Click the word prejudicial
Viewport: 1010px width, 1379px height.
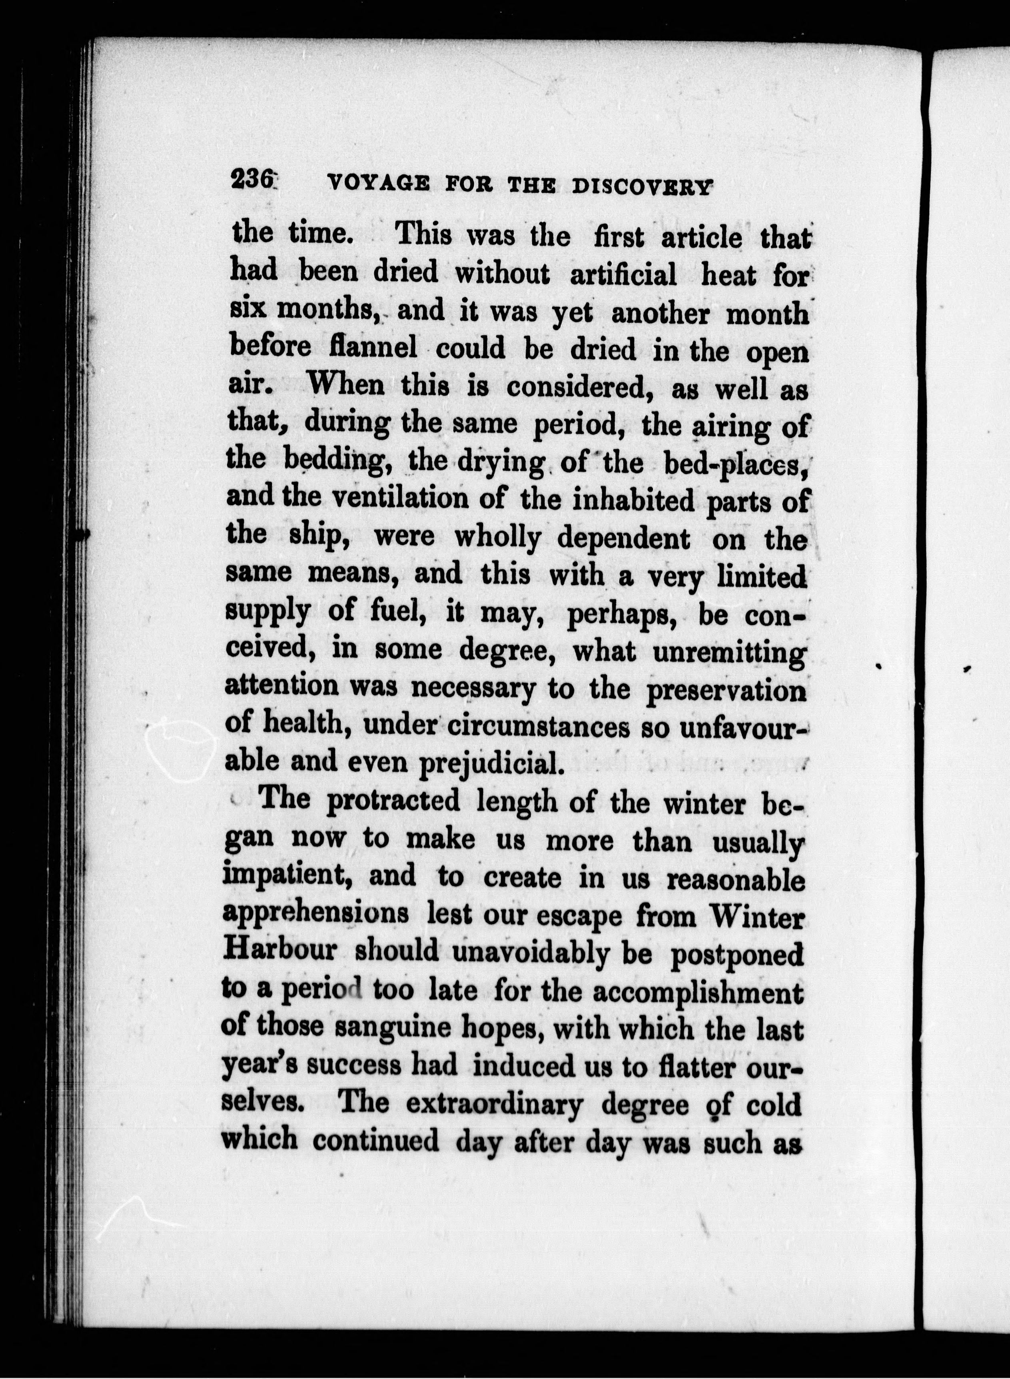[x=491, y=763]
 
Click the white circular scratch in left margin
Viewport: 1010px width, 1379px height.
[x=182, y=750]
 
